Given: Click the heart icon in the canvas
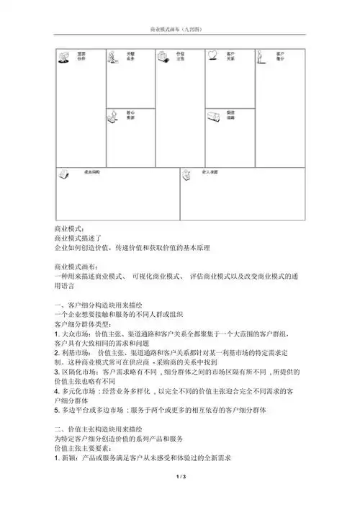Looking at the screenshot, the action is click(212, 55).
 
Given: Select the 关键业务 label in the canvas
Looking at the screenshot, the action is click(132, 55).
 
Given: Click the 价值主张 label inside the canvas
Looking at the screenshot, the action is click(181, 55).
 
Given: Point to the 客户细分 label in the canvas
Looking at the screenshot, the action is click(280, 55).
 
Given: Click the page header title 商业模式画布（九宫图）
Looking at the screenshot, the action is click(179, 29).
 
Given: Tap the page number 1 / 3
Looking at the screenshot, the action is click(180, 496).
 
